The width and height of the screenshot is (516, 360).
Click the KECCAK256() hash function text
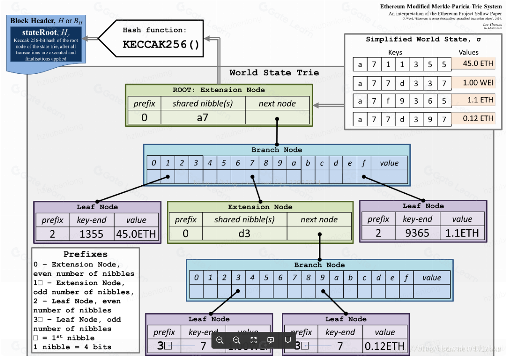[160, 44]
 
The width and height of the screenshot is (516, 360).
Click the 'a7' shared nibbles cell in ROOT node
[203, 117]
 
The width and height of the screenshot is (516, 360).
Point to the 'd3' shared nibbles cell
[244, 233]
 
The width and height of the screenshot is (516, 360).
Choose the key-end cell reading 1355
[91, 234]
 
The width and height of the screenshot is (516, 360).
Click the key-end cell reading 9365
[417, 232]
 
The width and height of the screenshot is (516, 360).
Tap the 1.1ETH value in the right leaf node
[462, 232]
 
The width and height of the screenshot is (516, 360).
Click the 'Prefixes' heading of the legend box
[86, 254]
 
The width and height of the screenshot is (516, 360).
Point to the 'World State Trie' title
[274, 72]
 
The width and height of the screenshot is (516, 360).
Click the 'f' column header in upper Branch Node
[364, 163]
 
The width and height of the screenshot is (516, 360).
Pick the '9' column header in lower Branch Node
[322, 277]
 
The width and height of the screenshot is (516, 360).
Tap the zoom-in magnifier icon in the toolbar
[236, 340]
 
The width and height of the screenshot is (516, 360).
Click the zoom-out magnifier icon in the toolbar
[219, 340]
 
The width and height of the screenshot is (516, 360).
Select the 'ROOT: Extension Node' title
[219, 90]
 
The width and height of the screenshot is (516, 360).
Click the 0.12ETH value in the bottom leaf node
[385, 346]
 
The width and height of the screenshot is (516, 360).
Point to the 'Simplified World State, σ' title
[423, 39]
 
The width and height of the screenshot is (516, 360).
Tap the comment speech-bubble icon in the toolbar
[288, 340]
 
